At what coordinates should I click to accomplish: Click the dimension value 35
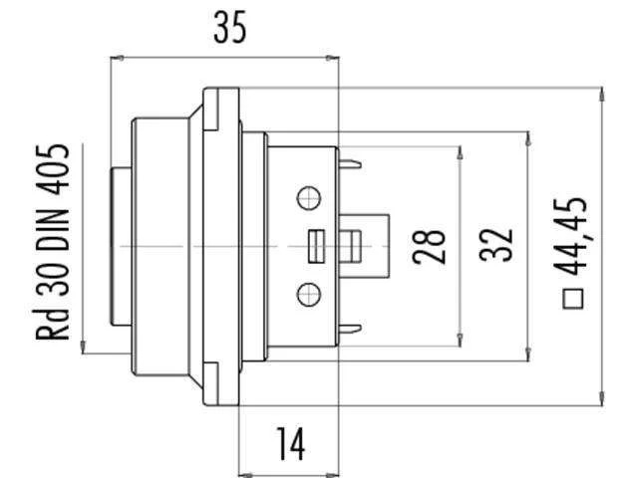[x=230, y=27]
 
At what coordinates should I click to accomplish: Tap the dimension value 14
[x=290, y=444]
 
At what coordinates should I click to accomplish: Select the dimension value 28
[x=429, y=247]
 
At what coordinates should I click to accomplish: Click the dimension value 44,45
[x=571, y=238]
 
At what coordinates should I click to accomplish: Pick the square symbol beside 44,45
[x=573, y=299]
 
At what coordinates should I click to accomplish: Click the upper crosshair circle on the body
[x=309, y=198]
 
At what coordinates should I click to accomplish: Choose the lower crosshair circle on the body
[x=309, y=295]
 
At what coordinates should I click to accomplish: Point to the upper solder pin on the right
[x=350, y=164]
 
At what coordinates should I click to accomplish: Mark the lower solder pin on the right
[x=350, y=329]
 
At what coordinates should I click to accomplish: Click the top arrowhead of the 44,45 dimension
[x=602, y=95]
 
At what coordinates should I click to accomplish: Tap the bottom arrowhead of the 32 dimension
[x=528, y=354]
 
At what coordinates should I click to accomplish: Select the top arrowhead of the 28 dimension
[x=461, y=153]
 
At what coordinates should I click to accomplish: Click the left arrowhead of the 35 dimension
[x=118, y=58]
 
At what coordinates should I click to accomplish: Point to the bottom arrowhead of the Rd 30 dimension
[x=83, y=347]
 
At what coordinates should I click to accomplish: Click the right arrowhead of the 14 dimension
[x=332, y=474]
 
